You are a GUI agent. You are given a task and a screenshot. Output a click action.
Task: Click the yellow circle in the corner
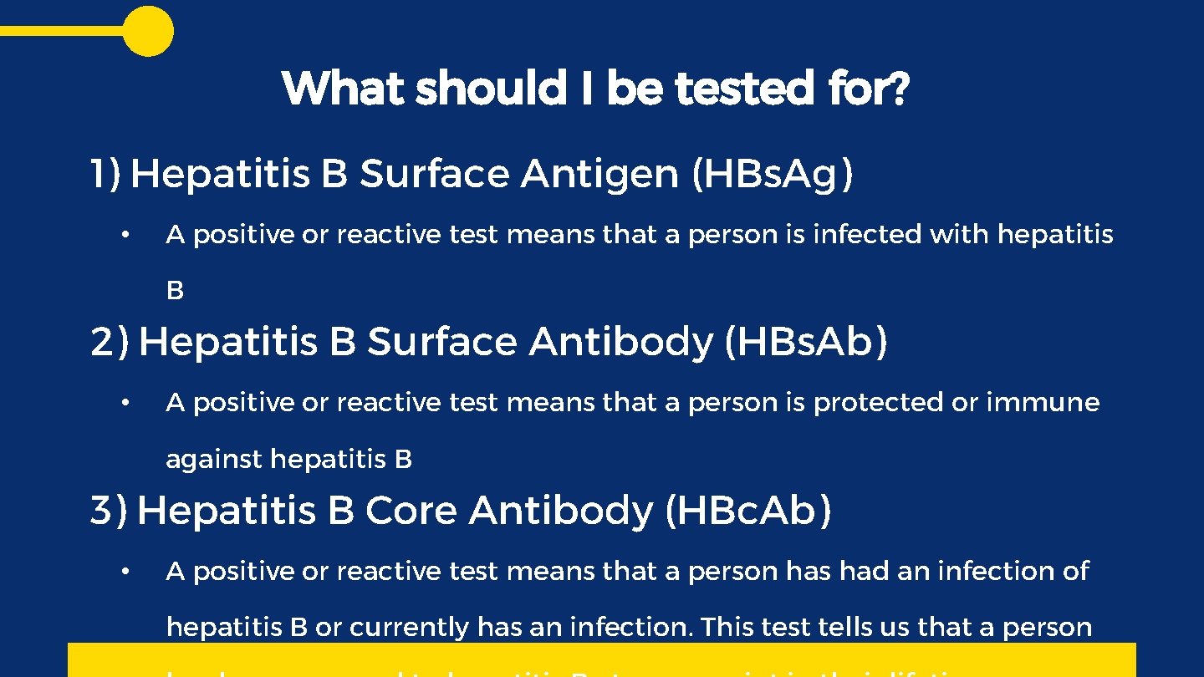(148, 31)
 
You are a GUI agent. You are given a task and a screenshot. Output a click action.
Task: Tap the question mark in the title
(898, 89)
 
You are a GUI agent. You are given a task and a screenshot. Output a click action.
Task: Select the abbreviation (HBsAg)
(773, 174)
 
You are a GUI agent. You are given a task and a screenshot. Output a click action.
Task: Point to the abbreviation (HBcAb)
(748, 511)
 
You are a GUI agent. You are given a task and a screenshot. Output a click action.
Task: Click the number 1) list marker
(105, 174)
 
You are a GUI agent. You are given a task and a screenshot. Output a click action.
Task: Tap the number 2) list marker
(110, 342)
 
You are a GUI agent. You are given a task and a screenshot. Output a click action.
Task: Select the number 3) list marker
(109, 511)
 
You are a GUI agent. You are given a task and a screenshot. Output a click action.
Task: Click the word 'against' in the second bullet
(214, 460)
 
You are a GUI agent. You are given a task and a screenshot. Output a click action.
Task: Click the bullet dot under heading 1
(123, 235)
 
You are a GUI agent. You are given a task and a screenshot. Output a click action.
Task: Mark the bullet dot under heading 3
(123, 572)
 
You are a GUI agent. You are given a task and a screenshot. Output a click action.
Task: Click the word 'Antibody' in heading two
(620, 342)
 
